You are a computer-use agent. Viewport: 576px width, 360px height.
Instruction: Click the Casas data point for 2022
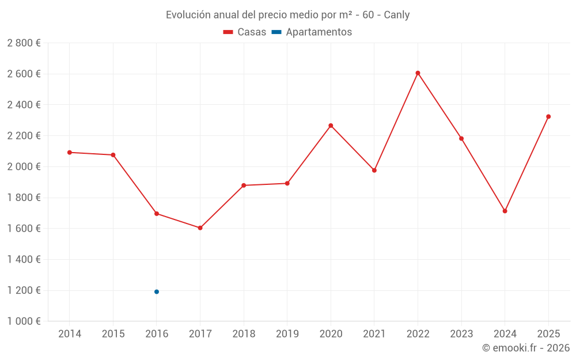pos(418,73)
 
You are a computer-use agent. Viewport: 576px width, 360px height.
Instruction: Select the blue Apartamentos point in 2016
pos(157,291)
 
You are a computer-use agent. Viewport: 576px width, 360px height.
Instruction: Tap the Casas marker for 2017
pos(200,228)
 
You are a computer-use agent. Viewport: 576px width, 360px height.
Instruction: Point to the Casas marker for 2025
pos(548,116)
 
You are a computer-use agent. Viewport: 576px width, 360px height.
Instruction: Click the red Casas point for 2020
pos(331,126)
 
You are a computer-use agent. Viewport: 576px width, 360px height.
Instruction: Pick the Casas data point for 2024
pos(505,211)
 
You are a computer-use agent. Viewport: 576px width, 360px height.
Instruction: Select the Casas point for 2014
pos(70,152)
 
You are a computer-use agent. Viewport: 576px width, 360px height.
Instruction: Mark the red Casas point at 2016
pos(157,214)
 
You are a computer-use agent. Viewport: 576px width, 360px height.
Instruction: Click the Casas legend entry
pos(245,32)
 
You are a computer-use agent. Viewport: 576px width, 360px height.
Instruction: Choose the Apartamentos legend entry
pos(312,32)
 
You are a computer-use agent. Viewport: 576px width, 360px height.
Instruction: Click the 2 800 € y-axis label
pos(24,43)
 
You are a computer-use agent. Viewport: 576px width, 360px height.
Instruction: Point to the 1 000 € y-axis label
pos(24,321)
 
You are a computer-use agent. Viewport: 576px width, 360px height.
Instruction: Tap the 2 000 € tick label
pos(24,166)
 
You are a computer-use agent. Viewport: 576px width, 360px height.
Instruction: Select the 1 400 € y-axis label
pos(24,259)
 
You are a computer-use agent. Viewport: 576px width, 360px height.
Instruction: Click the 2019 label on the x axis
pos(287,334)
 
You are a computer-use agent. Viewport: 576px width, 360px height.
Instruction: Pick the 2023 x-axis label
pos(461,334)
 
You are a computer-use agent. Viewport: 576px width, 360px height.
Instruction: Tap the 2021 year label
pos(374,334)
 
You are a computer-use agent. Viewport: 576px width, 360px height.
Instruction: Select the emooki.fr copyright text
pos(525,348)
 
